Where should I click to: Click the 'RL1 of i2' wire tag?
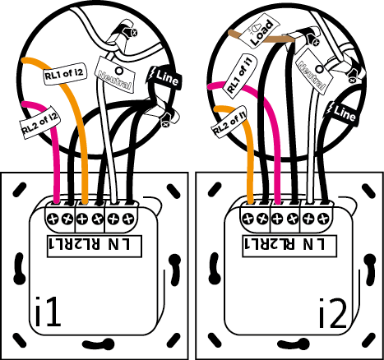65,73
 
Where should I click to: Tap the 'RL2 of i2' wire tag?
40,122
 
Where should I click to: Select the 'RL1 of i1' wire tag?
240,75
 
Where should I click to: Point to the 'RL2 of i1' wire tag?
229,122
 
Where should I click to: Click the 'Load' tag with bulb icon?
260,31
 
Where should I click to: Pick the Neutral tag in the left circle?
115,75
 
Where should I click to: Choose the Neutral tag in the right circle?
314,72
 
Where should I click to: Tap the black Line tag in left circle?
164,78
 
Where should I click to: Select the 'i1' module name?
48,312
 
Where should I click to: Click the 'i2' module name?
333,314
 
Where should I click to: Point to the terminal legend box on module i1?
95,246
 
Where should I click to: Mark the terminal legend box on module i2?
289,246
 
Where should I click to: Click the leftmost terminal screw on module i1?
53,219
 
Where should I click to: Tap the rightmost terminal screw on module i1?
127,219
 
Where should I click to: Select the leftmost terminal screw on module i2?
248,219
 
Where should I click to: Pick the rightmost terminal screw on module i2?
323,219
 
